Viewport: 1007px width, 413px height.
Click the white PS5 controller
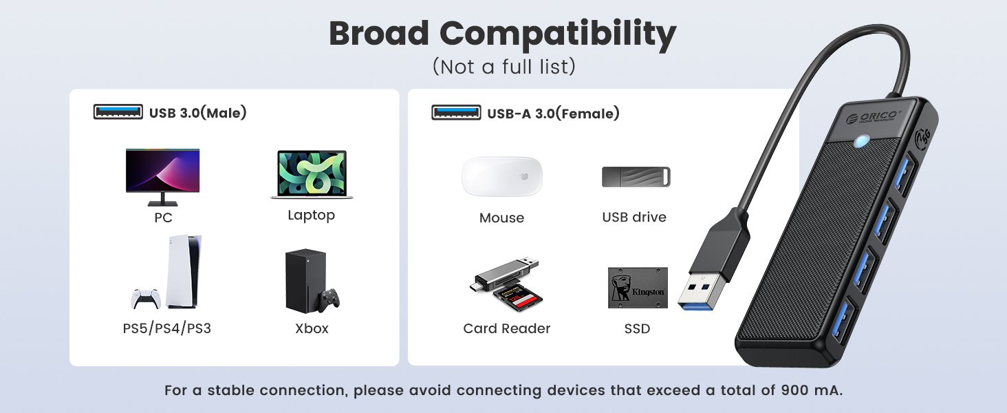click(x=146, y=298)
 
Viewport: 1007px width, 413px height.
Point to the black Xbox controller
click(x=329, y=300)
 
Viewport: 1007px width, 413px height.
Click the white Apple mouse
click(x=501, y=178)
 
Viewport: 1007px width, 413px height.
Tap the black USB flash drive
click(x=636, y=177)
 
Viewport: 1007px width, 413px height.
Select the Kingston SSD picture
click(x=638, y=288)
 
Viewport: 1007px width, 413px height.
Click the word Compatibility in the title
click(x=558, y=34)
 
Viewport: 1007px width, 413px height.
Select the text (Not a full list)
click(x=503, y=67)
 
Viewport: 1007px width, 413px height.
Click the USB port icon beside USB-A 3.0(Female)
click(x=456, y=112)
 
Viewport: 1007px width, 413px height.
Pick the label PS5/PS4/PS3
click(x=167, y=329)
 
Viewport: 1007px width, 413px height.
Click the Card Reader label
click(x=507, y=329)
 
